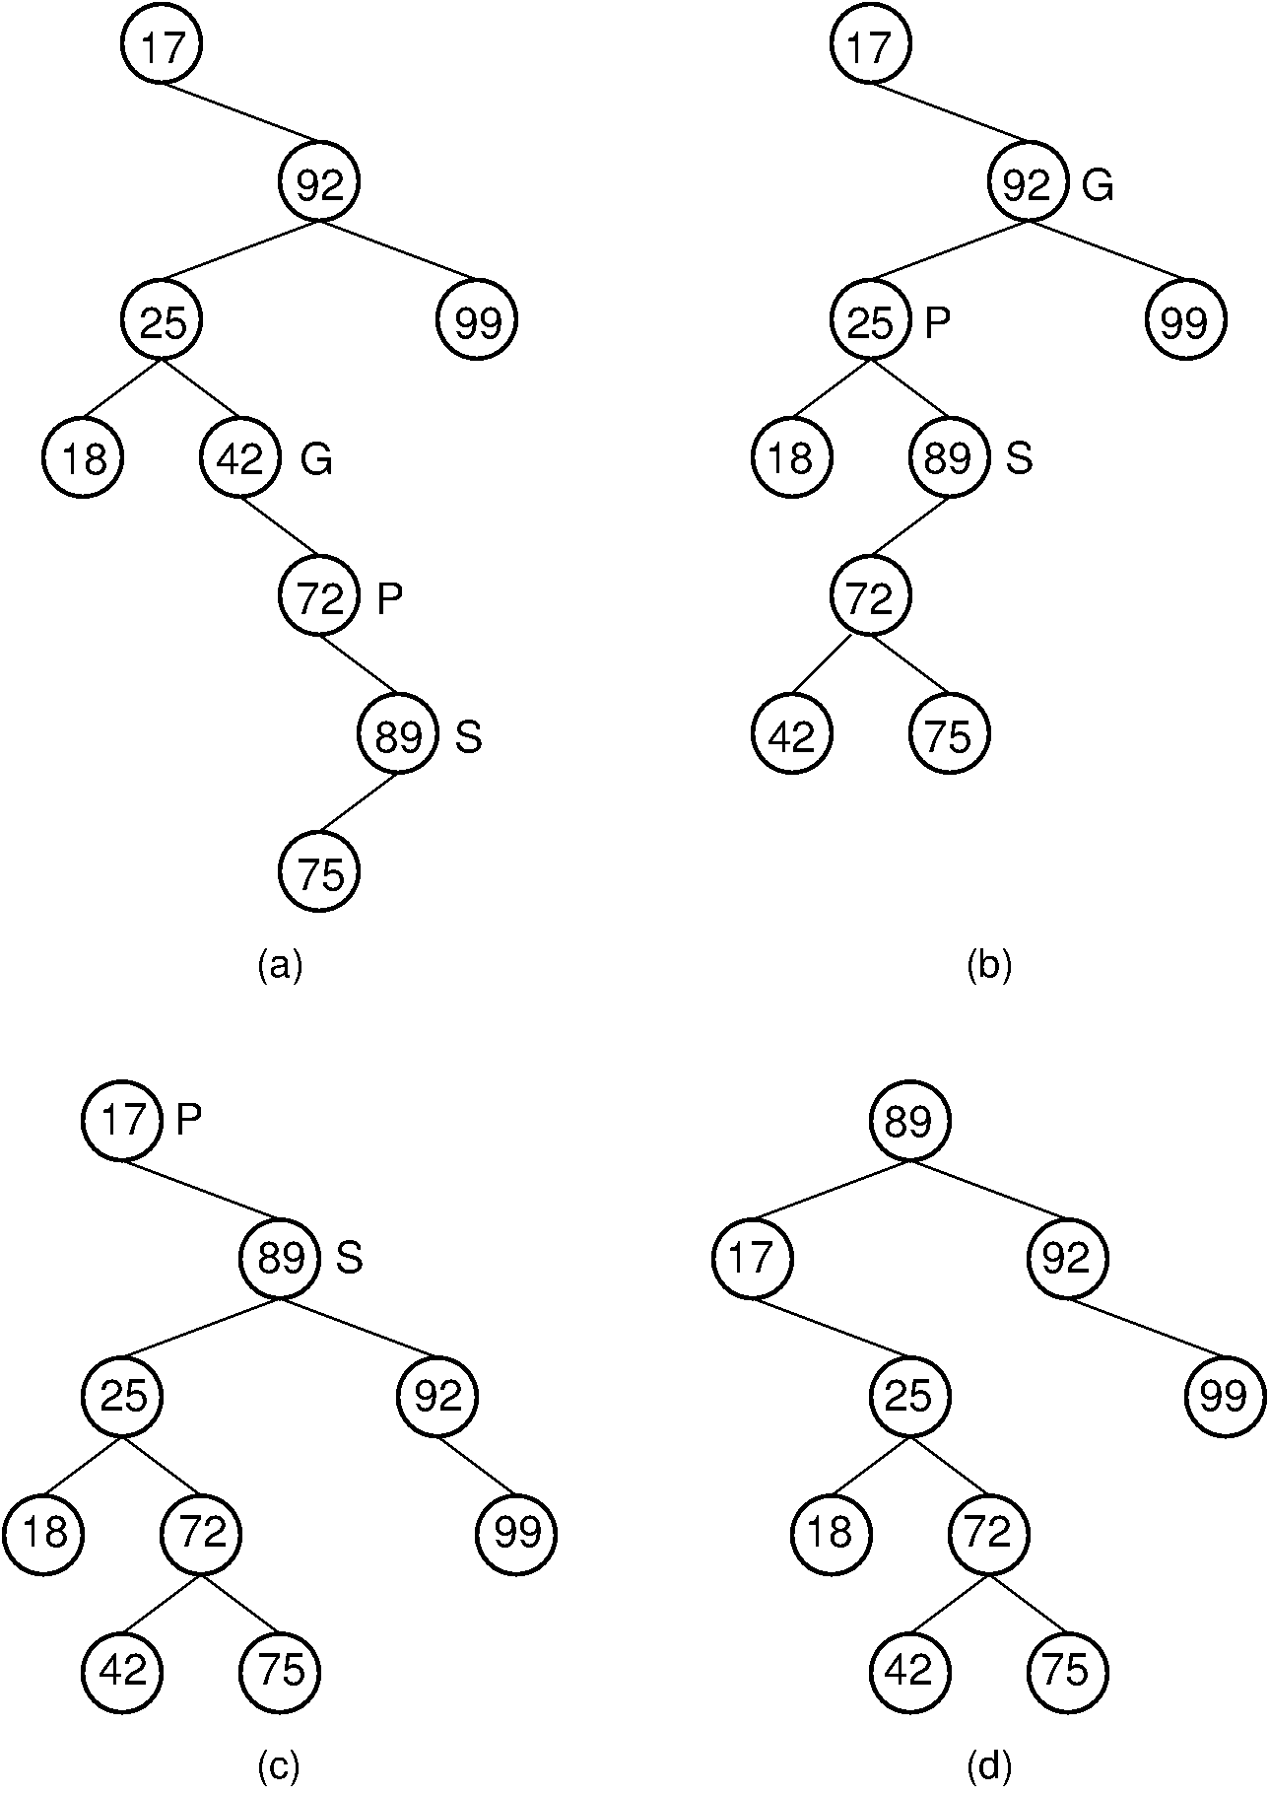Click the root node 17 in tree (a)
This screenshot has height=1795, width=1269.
click(x=163, y=45)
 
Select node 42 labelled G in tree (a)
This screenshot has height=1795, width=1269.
click(x=241, y=459)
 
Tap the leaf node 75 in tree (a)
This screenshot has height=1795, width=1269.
click(x=319, y=873)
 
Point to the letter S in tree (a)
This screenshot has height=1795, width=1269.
click(x=469, y=736)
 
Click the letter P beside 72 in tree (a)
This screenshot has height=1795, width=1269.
click(x=390, y=598)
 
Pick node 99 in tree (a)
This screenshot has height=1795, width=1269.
click(x=478, y=321)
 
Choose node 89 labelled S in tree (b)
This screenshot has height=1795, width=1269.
click(x=949, y=459)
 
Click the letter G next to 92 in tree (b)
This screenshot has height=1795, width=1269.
click(x=1098, y=185)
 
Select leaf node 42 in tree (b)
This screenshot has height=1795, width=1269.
click(x=792, y=735)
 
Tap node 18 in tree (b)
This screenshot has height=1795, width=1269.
click(x=792, y=459)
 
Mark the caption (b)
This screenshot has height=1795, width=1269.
click(x=989, y=965)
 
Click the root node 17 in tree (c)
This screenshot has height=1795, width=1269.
click(x=123, y=1121)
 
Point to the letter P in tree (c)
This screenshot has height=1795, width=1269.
click(x=189, y=1120)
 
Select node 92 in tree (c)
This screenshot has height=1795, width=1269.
click(x=438, y=1396)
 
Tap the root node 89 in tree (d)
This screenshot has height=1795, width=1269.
click(x=909, y=1121)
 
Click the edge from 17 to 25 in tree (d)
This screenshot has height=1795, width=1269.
click(x=831, y=1327)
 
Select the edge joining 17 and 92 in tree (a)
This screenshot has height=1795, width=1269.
click(x=240, y=113)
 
